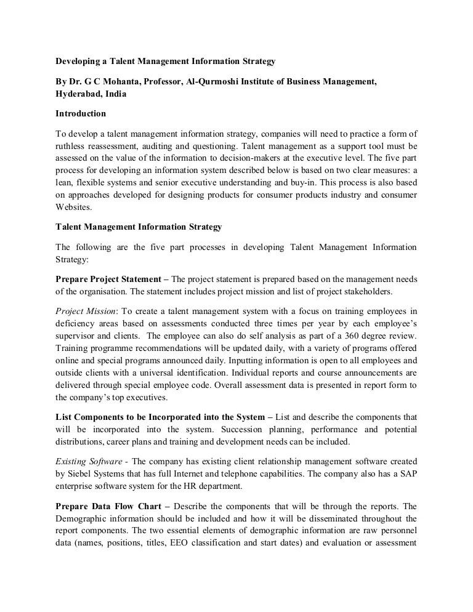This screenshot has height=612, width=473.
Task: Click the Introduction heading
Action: coord(81,114)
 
